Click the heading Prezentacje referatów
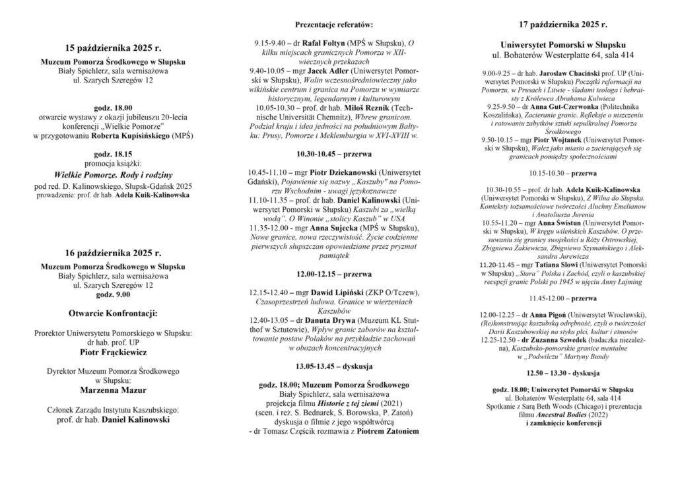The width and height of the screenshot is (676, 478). click(334, 24)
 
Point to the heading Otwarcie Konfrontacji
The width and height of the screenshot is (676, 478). click(113, 312)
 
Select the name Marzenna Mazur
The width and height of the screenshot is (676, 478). click(113, 390)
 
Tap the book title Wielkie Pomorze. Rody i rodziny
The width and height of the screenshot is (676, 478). click(113, 175)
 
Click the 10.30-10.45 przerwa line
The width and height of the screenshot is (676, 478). click(334, 153)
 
